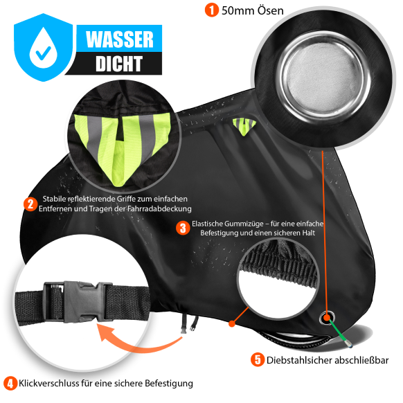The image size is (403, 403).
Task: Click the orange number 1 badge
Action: click(211, 10)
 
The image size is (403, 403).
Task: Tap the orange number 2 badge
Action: click(30, 204)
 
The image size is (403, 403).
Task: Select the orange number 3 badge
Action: click(183, 228)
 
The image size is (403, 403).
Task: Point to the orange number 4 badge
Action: click(10, 384)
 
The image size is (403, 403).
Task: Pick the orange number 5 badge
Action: click(258, 360)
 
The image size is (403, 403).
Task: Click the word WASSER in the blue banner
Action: click(120, 39)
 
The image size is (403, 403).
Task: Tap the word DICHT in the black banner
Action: click(119, 64)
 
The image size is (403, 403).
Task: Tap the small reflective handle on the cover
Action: click(244, 126)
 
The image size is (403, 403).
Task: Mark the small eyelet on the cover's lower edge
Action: click(327, 318)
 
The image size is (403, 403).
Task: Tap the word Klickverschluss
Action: click(49, 383)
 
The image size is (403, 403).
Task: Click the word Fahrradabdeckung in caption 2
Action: click(159, 208)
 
